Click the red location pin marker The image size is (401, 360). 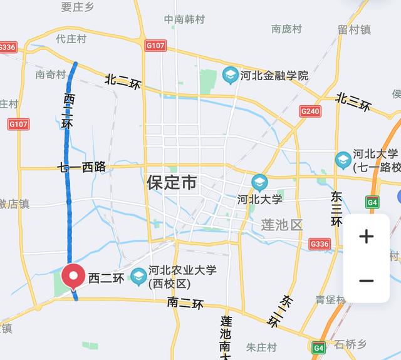coord(75,276)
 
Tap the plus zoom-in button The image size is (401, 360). coord(367,237)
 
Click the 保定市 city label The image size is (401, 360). coord(172,183)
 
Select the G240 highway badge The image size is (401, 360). coord(310,111)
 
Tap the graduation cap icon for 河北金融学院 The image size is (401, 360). coord(229,76)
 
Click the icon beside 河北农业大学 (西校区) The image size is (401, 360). coord(138,275)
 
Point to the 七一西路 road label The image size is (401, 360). coord(81,167)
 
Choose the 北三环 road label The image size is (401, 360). coord(352,101)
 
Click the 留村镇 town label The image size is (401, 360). coord(355,29)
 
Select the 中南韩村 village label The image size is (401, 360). coord(184,19)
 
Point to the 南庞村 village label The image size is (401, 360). coord(286,29)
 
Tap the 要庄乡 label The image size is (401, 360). coord(77,6)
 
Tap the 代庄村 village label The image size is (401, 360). coord(70,38)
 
